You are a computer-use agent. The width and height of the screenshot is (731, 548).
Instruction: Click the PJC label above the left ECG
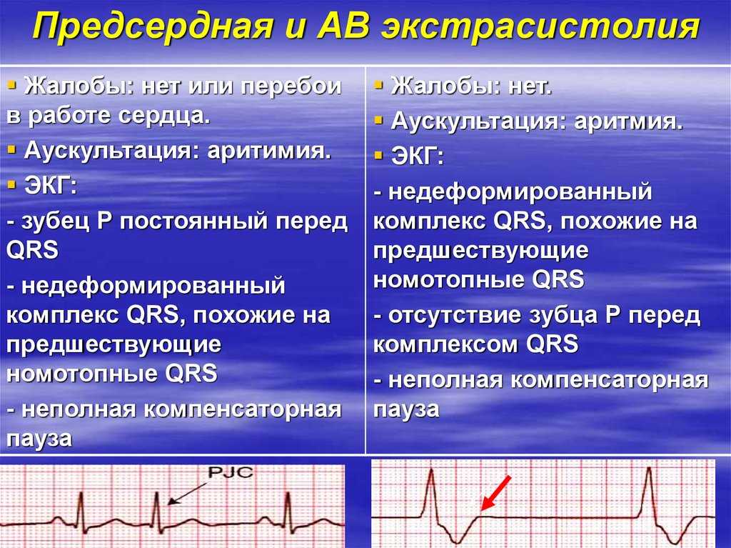[x=231, y=472]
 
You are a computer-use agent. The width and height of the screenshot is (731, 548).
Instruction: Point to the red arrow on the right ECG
[x=495, y=493]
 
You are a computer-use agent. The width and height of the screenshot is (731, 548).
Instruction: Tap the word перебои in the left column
[x=291, y=86]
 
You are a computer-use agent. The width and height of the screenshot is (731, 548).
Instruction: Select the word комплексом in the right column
[x=447, y=344]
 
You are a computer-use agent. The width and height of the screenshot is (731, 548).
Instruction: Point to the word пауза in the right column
[x=406, y=409]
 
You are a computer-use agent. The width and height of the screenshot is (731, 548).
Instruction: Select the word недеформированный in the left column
[x=153, y=286]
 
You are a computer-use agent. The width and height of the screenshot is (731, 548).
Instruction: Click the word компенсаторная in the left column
[x=243, y=410]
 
